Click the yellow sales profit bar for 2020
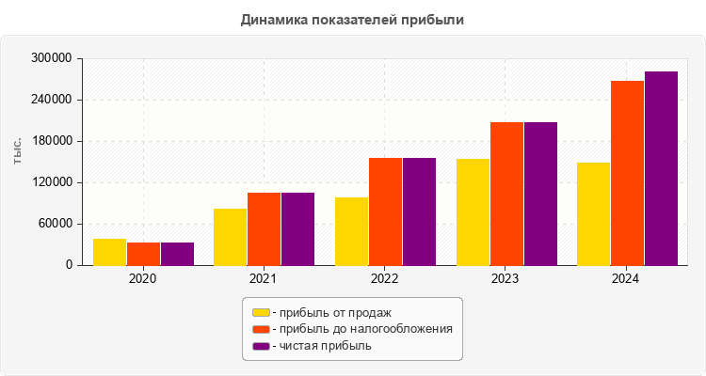tap(109, 252)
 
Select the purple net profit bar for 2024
tap(661, 168)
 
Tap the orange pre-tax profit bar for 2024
tap(627, 173)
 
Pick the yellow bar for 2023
tap(473, 211)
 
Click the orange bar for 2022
tap(385, 211)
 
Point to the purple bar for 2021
tap(297, 228)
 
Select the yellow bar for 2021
tap(230, 237)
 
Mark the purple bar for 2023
tap(540, 194)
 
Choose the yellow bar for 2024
tap(593, 213)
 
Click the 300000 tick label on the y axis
tap(52, 58)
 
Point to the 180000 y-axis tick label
tap(52, 141)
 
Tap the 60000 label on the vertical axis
tap(55, 224)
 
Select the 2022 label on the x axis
tap(384, 279)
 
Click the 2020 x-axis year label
tap(143, 279)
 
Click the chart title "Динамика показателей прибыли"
tap(353, 19)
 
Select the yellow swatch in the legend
tap(261, 312)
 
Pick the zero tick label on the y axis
tap(68, 265)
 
